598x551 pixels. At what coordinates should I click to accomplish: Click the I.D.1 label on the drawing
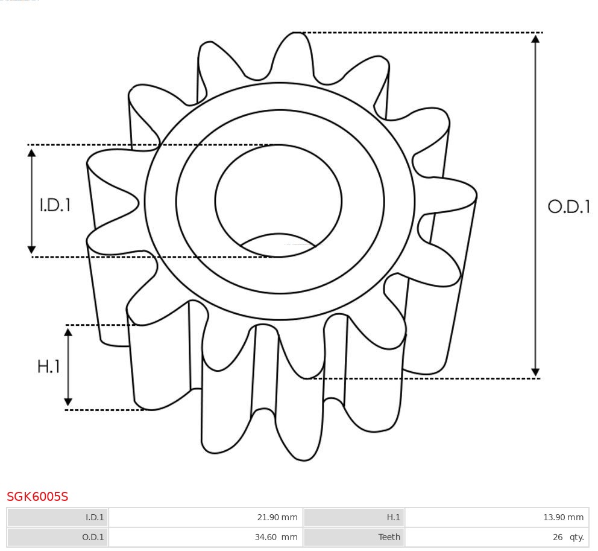tap(55, 205)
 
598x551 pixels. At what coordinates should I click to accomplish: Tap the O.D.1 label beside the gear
tap(568, 207)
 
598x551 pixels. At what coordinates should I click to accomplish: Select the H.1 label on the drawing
tap(49, 366)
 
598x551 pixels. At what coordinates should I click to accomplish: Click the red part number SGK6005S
tap(37, 497)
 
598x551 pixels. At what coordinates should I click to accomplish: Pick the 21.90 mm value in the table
tap(277, 517)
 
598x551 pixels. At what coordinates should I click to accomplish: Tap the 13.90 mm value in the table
tap(563, 517)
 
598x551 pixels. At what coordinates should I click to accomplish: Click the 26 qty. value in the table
tap(568, 537)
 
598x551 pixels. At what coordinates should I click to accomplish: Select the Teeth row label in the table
tap(389, 537)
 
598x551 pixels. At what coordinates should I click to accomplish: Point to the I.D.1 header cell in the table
tap(95, 517)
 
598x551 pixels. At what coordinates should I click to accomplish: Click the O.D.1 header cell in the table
tap(93, 537)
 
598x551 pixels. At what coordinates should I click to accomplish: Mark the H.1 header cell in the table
tap(393, 517)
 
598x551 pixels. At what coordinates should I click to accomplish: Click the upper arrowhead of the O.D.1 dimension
tap(535, 39)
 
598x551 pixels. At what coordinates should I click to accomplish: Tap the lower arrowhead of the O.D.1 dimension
tap(535, 372)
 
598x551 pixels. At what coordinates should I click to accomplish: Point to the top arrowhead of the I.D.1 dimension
tap(32, 153)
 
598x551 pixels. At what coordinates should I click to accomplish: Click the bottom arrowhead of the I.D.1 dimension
tap(32, 249)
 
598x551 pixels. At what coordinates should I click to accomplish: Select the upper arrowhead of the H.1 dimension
tap(68, 332)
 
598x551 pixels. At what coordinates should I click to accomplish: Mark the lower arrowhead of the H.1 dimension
tap(68, 402)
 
